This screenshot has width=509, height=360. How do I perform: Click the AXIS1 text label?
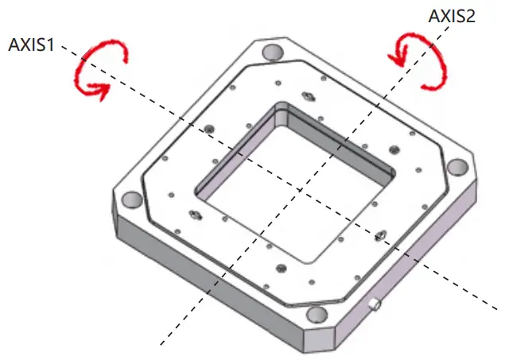point(31,45)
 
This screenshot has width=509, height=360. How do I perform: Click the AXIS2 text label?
point(452,16)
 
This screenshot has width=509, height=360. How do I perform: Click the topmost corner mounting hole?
point(272,52)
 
